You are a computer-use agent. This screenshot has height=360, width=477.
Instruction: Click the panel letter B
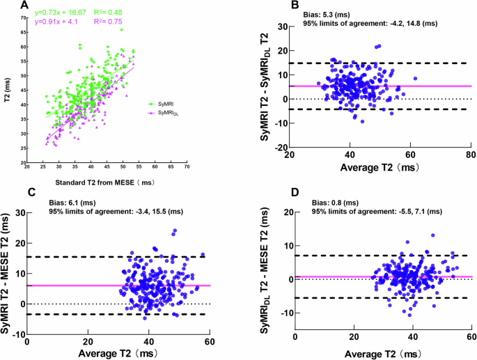point(275,6)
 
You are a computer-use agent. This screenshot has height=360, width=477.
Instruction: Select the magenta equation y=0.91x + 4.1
point(61,22)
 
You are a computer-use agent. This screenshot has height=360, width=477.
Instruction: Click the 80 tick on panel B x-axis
point(471,155)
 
